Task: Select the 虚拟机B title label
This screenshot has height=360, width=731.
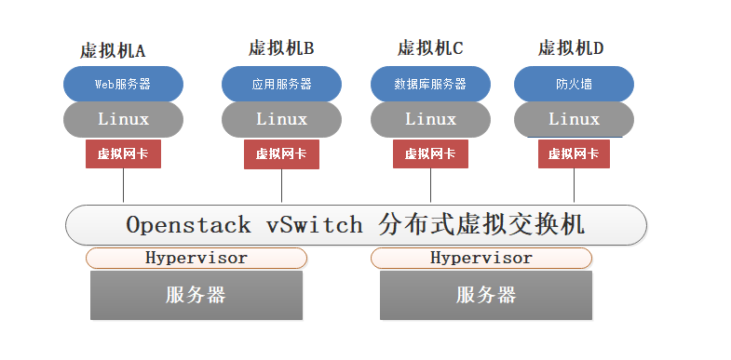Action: [x=281, y=47]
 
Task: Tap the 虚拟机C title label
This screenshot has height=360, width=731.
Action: [x=429, y=47]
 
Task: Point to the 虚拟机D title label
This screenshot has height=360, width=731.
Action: [x=570, y=47]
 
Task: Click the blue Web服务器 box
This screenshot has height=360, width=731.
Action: [x=123, y=84]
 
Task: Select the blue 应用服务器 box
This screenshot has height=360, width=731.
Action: [x=281, y=84]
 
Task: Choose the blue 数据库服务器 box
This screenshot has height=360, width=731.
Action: [x=429, y=84]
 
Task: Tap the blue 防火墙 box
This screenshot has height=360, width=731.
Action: [x=574, y=84]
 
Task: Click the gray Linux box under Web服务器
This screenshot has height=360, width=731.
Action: [x=123, y=119]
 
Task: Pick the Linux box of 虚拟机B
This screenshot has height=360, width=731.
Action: [x=281, y=119]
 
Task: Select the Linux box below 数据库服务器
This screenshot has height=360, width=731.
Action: [x=429, y=119]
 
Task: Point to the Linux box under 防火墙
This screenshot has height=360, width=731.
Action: [x=574, y=119]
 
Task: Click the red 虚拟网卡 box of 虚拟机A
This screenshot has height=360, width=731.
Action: [x=123, y=154]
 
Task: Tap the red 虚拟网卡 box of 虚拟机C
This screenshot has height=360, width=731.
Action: [x=429, y=154]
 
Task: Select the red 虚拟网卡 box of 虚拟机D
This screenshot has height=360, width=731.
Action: [x=574, y=154]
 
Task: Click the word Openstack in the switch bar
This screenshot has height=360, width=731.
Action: [x=188, y=225]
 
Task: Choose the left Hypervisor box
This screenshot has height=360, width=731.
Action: [x=196, y=258]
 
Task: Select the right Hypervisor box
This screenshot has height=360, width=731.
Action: [x=481, y=258]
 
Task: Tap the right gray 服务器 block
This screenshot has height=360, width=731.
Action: [x=485, y=296]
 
